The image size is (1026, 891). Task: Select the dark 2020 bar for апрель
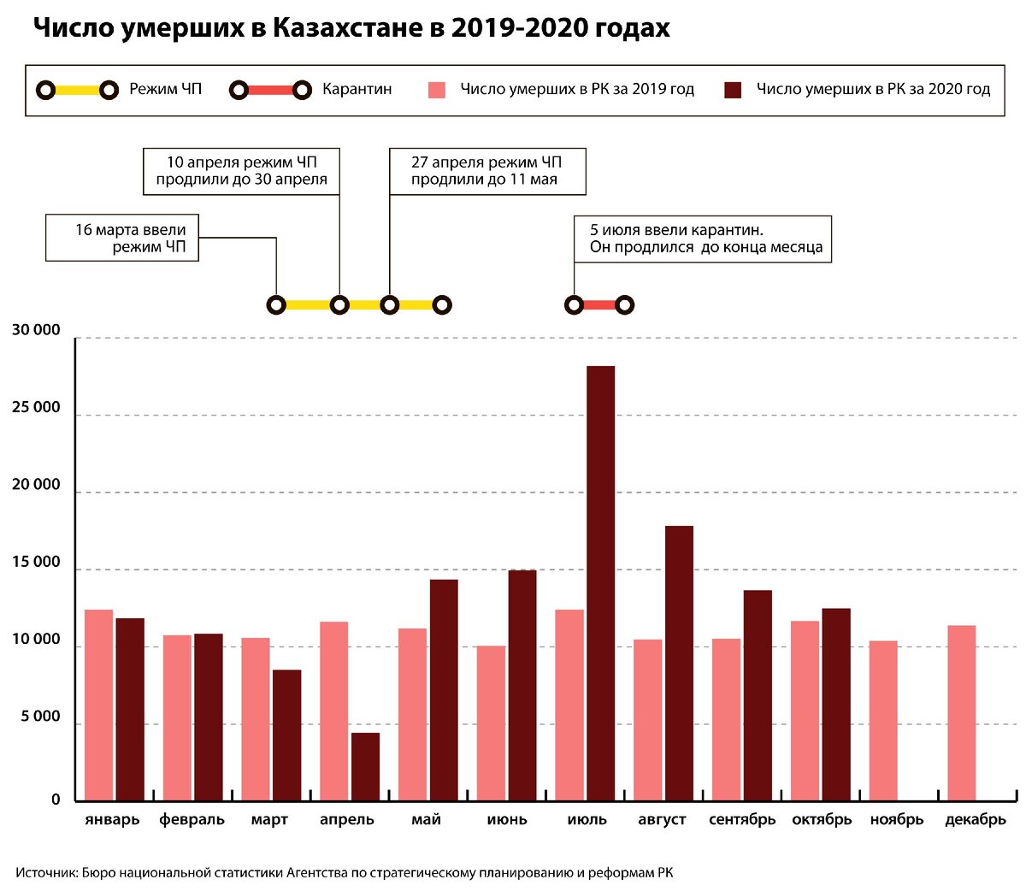click(365, 766)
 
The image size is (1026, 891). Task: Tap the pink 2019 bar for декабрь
click(961, 713)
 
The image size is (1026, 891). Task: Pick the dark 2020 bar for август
click(679, 664)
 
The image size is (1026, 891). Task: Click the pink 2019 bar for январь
click(98, 705)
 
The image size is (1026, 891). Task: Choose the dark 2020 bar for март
click(286, 735)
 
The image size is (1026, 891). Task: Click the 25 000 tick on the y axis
click(36, 408)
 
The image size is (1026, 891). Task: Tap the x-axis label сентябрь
click(742, 820)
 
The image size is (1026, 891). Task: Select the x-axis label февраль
click(192, 820)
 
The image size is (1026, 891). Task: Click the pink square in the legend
click(437, 90)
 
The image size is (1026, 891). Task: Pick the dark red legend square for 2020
click(733, 90)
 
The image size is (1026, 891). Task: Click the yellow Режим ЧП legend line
click(77, 90)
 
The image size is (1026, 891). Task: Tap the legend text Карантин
click(357, 89)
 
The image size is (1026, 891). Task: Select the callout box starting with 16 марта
click(122, 238)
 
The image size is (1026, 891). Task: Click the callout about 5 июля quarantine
click(702, 239)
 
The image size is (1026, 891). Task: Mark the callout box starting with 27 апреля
click(486, 171)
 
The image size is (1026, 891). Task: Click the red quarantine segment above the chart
click(599, 305)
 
